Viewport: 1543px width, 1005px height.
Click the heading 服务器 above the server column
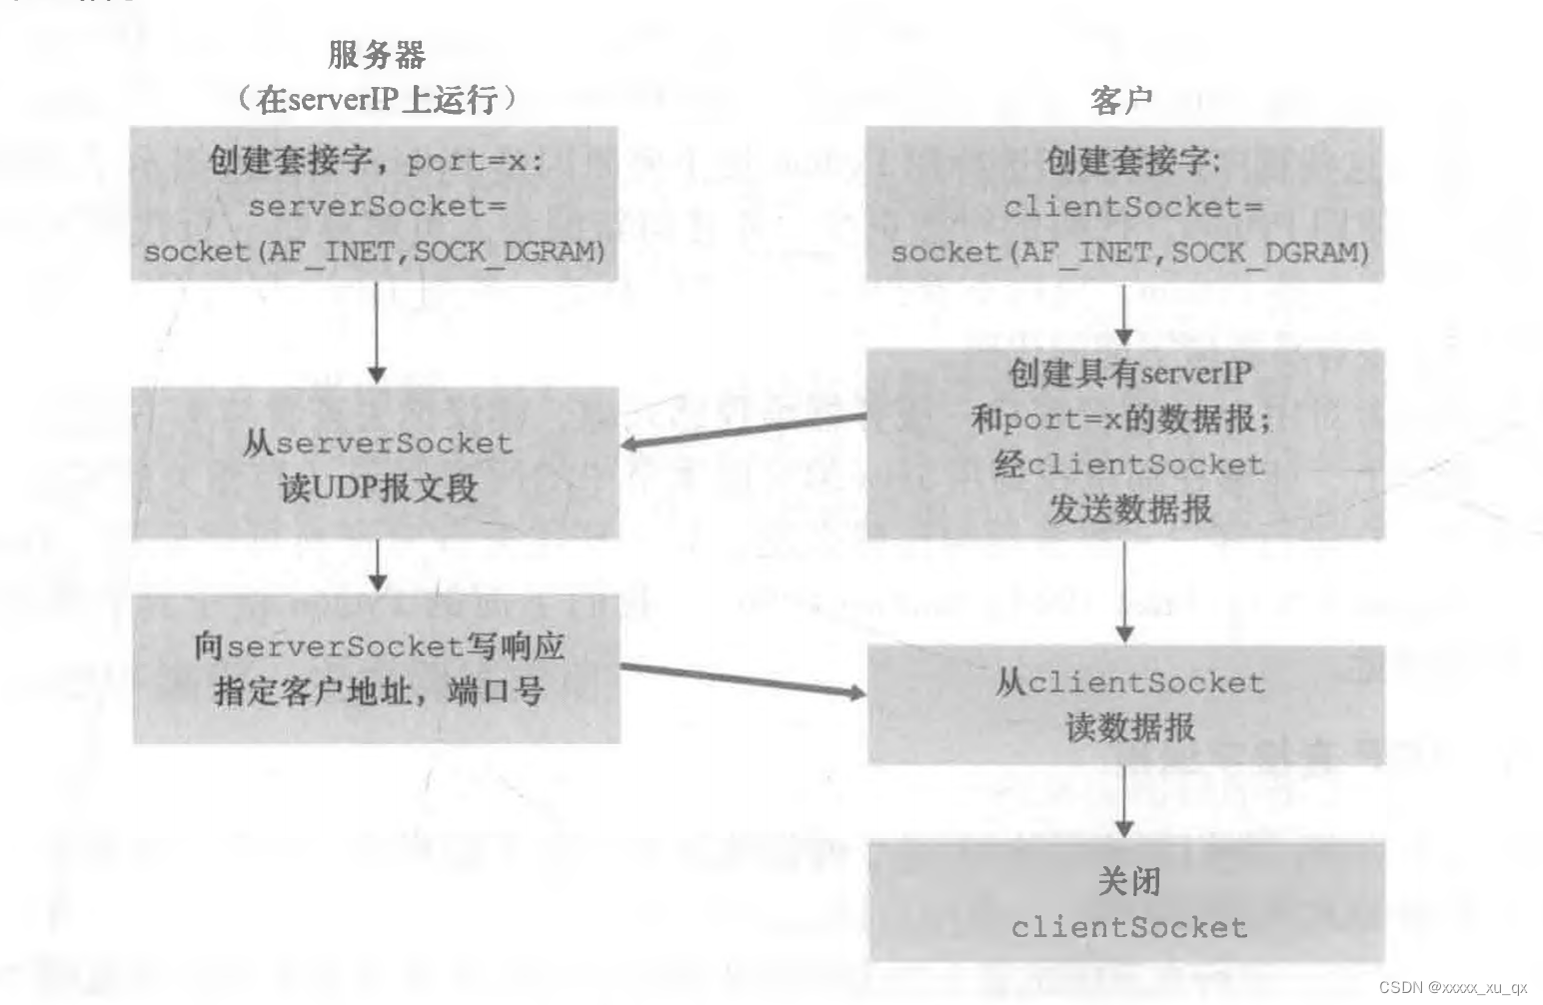[x=377, y=54]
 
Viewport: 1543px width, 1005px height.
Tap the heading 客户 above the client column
[x=1121, y=100]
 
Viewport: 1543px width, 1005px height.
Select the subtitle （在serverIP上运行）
[x=377, y=99]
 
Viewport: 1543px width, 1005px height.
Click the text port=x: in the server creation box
[x=474, y=161]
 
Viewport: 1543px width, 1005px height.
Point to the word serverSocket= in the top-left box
[x=377, y=207]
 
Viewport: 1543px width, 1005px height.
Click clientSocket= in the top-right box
[x=1132, y=207]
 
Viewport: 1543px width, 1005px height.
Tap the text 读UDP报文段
[x=378, y=489]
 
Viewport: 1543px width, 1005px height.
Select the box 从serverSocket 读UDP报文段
[x=376, y=464]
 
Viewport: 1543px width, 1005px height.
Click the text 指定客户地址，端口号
[x=378, y=691]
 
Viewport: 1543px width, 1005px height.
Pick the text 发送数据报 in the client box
[x=1129, y=509]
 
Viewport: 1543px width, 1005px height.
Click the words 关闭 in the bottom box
[x=1128, y=881]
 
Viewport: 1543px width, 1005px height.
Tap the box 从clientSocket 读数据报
[x=1125, y=705]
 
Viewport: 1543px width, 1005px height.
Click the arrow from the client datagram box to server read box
[x=744, y=431]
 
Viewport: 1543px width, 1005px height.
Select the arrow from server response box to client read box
[x=744, y=679]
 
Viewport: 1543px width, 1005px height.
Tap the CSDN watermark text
[x=1453, y=987]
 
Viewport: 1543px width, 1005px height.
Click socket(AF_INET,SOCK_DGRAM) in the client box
[x=1129, y=252]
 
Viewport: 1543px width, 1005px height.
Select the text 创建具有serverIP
[x=1129, y=373]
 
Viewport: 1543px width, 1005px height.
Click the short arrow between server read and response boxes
[x=377, y=565]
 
